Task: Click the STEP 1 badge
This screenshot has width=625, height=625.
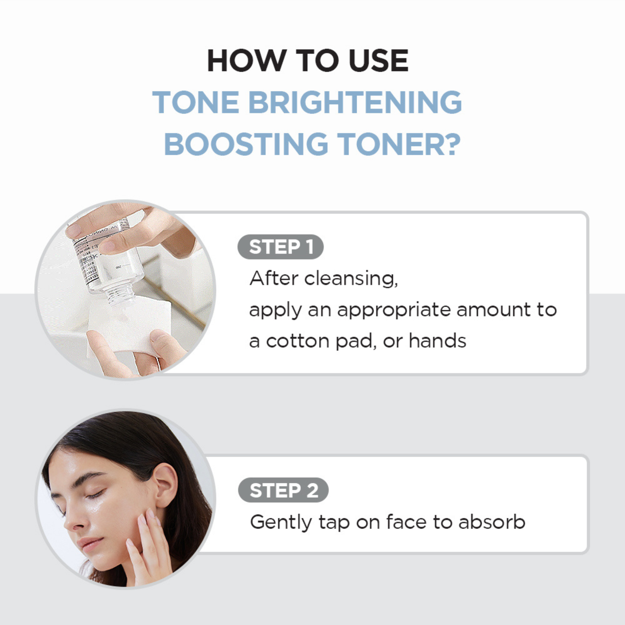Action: [x=280, y=247]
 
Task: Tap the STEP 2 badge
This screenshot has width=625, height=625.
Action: [x=283, y=490]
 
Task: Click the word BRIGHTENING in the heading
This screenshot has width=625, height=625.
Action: [x=355, y=103]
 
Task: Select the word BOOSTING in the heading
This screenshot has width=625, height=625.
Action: [x=246, y=144]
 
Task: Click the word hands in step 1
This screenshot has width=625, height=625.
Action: [x=437, y=341]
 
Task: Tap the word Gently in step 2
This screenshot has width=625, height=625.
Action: [x=281, y=522]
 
